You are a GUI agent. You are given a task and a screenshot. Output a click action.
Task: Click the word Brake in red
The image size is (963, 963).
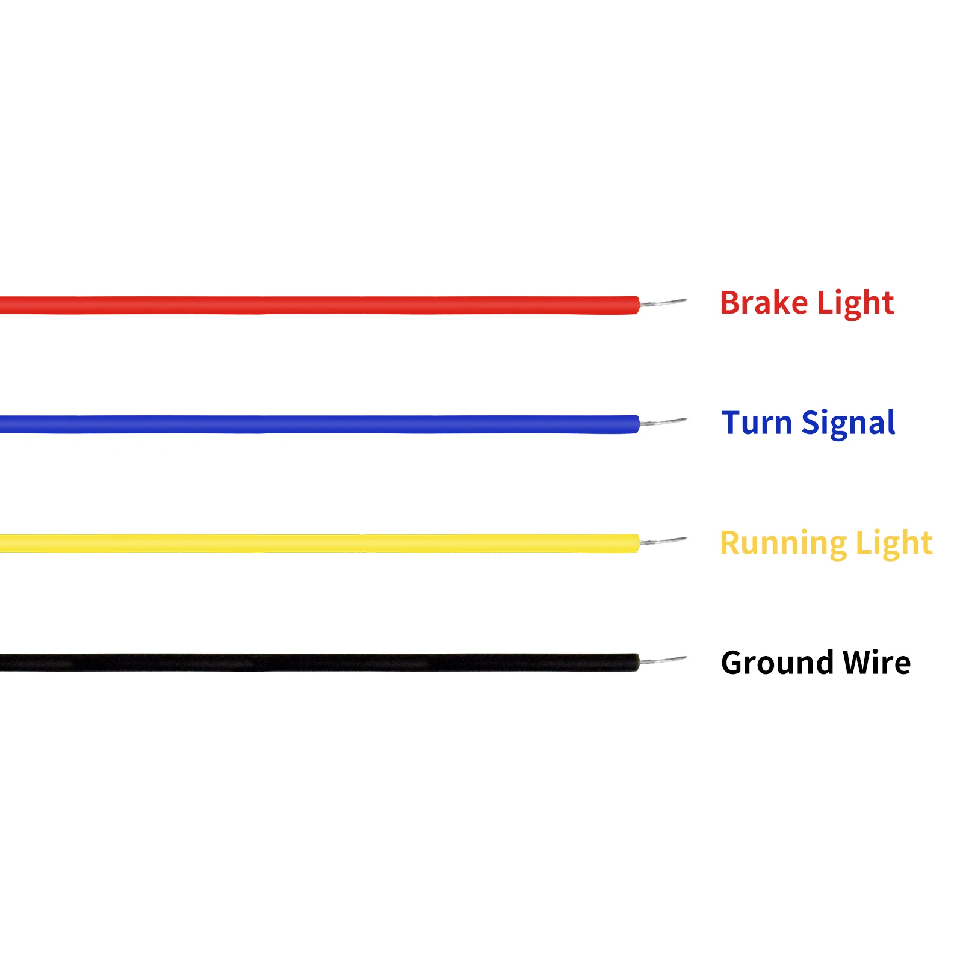point(763,303)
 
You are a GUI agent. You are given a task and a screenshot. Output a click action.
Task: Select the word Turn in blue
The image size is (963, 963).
point(756,423)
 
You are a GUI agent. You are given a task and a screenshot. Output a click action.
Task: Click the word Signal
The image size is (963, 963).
point(848,424)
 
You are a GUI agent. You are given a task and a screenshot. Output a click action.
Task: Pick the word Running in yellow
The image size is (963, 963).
point(782,543)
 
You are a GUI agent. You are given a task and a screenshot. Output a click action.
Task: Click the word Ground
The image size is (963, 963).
point(776,663)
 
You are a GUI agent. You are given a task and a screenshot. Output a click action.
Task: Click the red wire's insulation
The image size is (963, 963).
point(319,305)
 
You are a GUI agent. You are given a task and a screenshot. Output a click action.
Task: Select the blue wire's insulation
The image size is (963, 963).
point(319,424)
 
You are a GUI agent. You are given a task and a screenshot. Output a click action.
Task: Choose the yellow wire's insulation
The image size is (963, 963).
point(319,543)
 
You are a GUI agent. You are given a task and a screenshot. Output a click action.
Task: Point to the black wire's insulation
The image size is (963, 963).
point(319,663)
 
